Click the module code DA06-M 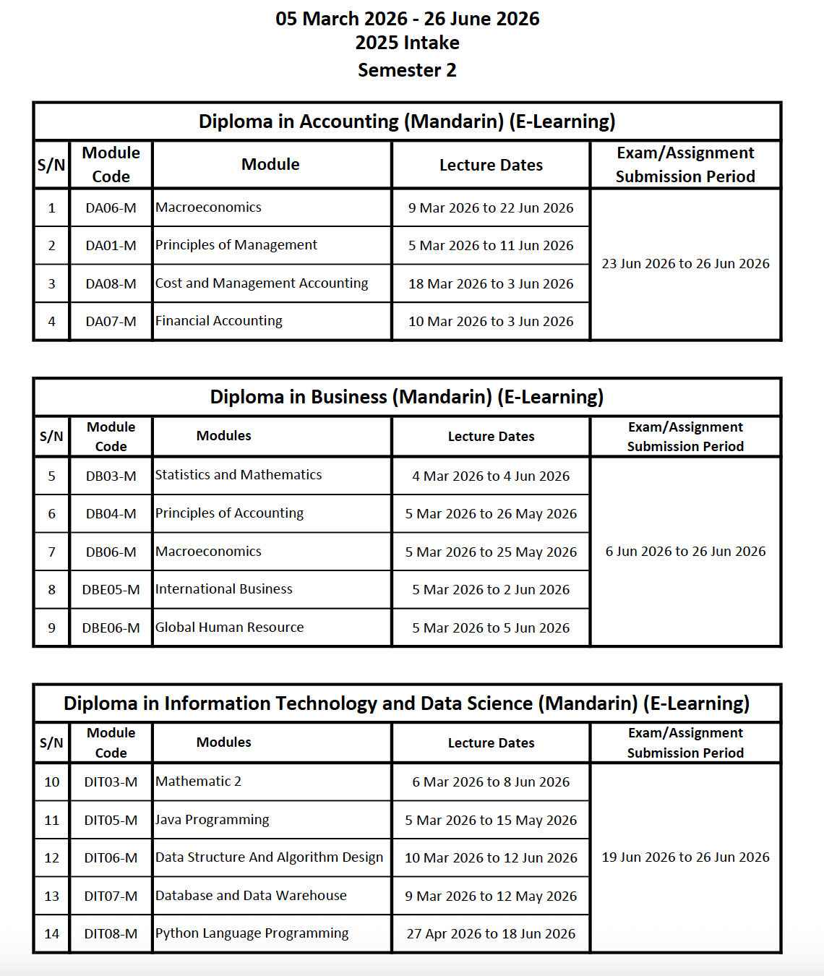pyautogui.click(x=111, y=208)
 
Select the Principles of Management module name pyautogui.click(x=236, y=245)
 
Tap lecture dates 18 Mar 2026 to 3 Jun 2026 pyautogui.click(x=491, y=283)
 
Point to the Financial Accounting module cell pyautogui.click(x=219, y=321)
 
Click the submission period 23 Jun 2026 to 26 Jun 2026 pyautogui.click(x=685, y=264)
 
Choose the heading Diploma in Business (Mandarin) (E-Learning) pyautogui.click(x=407, y=397)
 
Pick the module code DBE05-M pyautogui.click(x=111, y=590)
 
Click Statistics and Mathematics pyautogui.click(x=239, y=475)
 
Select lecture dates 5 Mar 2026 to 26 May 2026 pyautogui.click(x=491, y=514)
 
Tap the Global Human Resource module pyautogui.click(x=230, y=628)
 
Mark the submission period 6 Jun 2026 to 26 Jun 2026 pyautogui.click(x=685, y=552)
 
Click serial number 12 pyautogui.click(x=52, y=858)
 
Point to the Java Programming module pyautogui.click(x=213, y=820)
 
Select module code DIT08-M pyautogui.click(x=111, y=934)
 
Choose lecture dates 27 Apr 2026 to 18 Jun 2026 pyautogui.click(x=491, y=934)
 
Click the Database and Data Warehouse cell pyautogui.click(x=251, y=896)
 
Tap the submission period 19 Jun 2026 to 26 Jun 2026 pyautogui.click(x=685, y=857)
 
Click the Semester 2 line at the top pyautogui.click(x=407, y=70)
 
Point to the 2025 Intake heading pyautogui.click(x=407, y=43)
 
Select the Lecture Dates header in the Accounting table pyautogui.click(x=491, y=166)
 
